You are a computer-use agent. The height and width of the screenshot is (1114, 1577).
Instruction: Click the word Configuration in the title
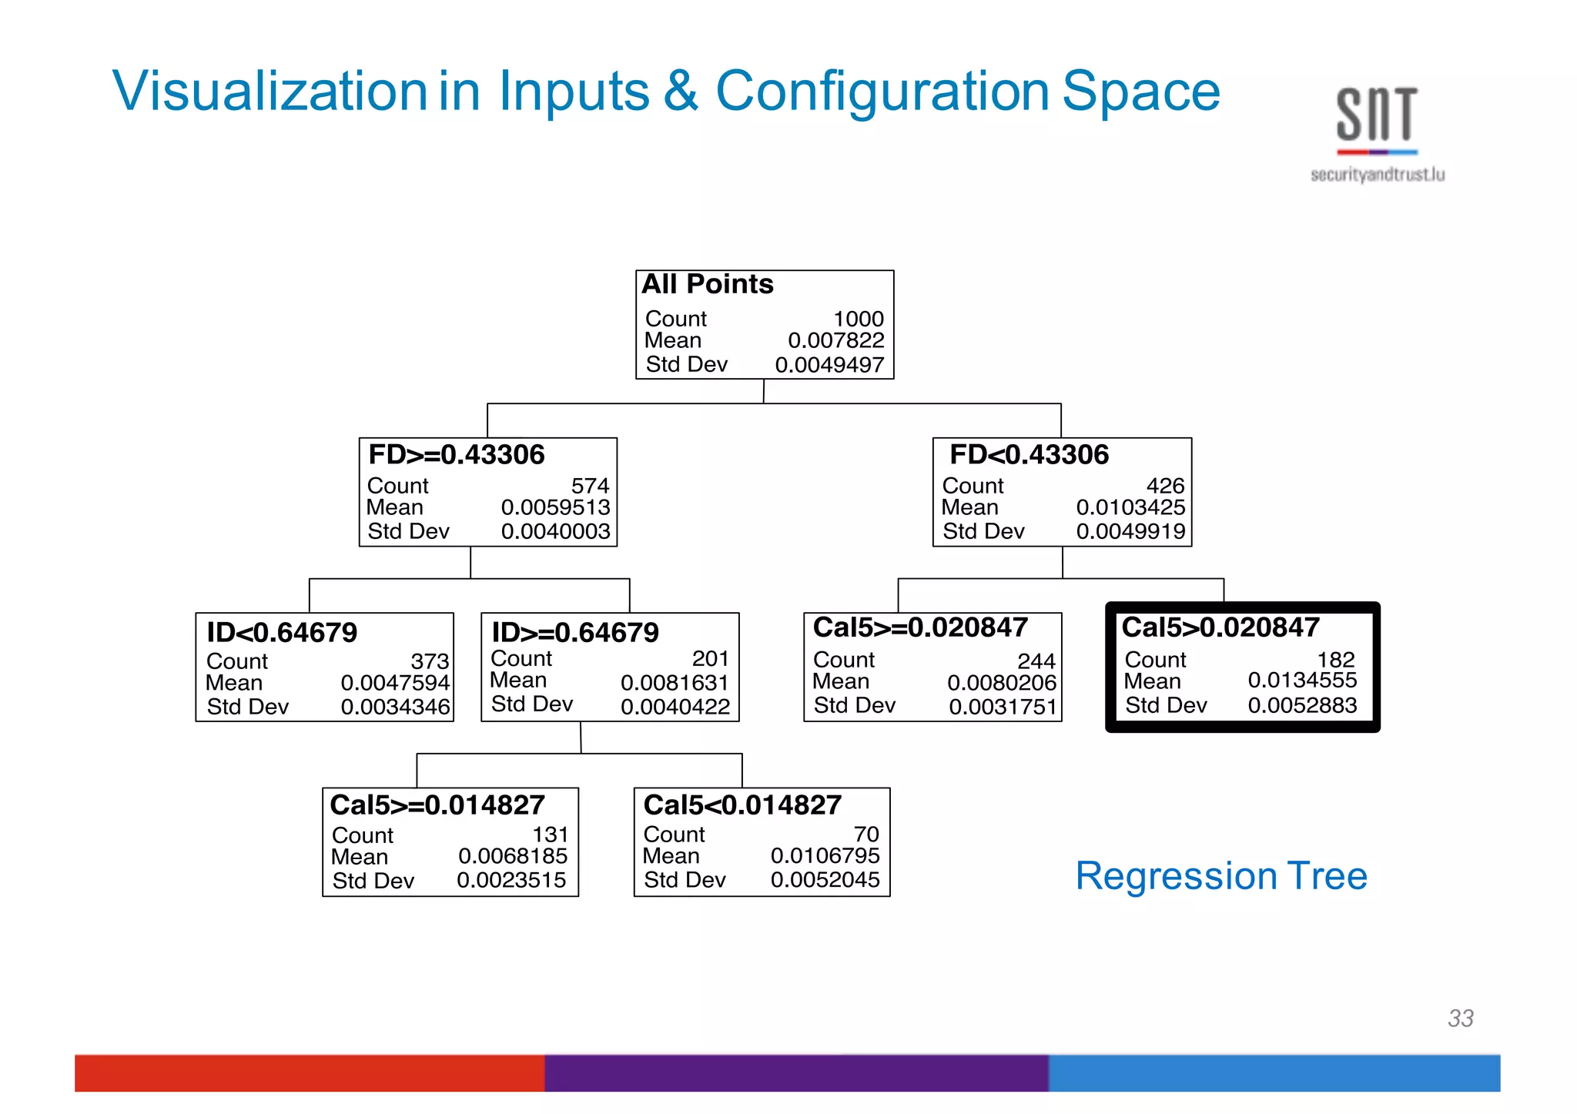click(x=882, y=92)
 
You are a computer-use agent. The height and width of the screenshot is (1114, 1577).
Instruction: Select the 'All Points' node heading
click(x=707, y=284)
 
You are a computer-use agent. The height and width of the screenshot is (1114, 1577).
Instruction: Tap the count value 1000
click(x=859, y=318)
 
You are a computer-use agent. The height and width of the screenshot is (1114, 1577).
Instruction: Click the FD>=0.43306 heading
click(x=456, y=454)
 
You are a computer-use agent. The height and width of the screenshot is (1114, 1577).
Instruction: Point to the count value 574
click(x=590, y=486)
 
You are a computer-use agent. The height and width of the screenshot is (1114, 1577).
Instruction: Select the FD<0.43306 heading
click(x=1029, y=454)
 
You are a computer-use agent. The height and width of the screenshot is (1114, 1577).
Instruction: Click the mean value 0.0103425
click(x=1130, y=507)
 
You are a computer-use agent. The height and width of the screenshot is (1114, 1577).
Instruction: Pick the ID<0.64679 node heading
click(x=282, y=632)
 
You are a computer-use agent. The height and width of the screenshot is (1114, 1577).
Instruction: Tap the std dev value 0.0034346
click(x=395, y=707)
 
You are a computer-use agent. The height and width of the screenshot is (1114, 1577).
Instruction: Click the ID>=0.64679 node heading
click(x=575, y=632)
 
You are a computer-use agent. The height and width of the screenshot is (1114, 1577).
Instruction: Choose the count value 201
click(x=710, y=658)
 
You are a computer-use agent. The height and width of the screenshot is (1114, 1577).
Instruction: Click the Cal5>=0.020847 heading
click(x=920, y=627)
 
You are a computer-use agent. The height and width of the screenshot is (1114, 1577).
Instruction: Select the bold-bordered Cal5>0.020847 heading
click(x=1220, y=627)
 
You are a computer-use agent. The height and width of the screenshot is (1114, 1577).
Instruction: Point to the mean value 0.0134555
click(x=1302, y=681)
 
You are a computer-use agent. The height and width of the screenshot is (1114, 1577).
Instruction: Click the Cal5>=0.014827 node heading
click(x=437, y=805)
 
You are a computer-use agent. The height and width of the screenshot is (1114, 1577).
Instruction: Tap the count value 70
click(x=866, y=834)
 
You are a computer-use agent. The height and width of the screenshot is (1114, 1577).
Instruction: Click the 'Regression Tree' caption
click(x=1221, y=876)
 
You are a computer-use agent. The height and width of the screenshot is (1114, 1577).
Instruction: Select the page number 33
click(x=1460, y=1018)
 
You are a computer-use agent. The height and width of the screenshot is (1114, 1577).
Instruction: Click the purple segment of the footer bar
click(x=796, y=1072)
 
